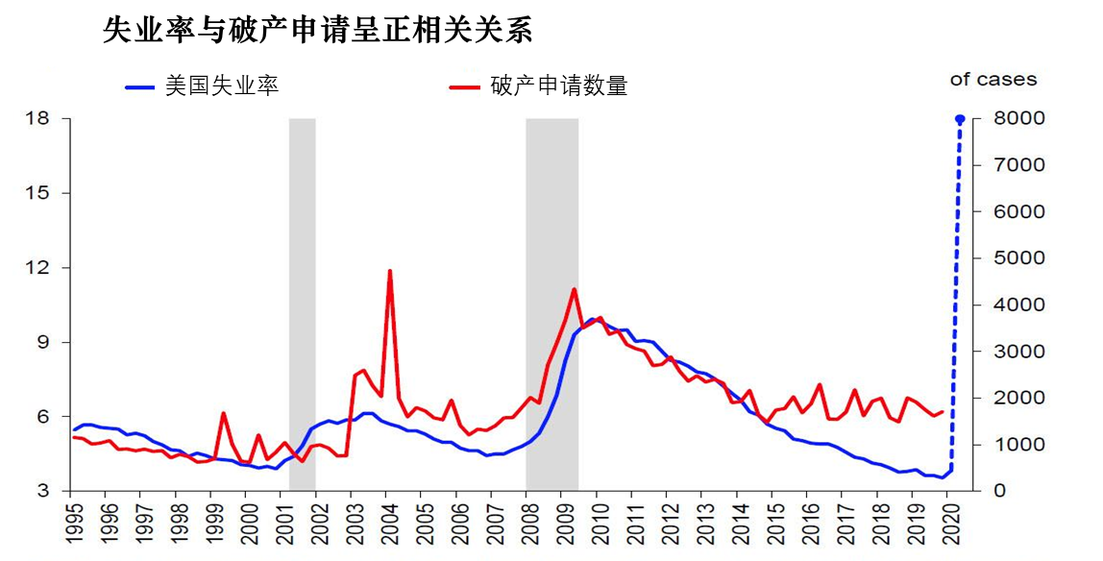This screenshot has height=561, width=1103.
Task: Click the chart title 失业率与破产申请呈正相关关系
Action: [x=317, y=31]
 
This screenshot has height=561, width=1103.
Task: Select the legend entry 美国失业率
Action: [x=222, y=85]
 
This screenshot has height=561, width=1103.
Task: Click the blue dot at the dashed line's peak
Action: [x=959, y=119]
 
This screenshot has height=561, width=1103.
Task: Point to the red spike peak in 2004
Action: [x=389, y=271]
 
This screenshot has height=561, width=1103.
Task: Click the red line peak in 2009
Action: [x=574, y=289]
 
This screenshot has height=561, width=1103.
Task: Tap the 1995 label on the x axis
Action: [x=71, y=524]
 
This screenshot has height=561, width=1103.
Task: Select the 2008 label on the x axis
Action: [x=527, y=524]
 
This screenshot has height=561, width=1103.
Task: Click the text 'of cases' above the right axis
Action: [x=993, y=80]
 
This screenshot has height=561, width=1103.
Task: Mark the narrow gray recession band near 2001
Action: [x=302, y=288]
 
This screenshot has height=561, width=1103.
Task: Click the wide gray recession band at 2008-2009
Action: [x=551, y=240]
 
